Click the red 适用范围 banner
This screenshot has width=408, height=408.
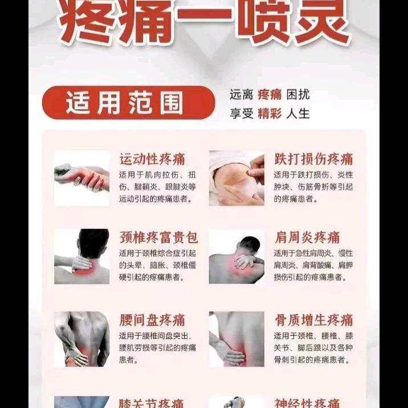[128, 103]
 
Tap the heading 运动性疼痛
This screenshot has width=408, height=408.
[152, 159]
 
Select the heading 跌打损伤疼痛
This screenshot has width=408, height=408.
[313, 159]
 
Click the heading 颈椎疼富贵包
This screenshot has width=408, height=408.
[158, 237]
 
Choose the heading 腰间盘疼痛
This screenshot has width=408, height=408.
[152, 320]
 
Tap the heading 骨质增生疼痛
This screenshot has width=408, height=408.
[313, 320]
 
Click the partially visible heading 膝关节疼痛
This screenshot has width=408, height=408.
[152, 402]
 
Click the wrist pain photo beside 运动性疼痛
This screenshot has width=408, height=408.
[81, 178]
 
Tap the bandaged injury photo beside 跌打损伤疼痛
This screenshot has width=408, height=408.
[236, 178]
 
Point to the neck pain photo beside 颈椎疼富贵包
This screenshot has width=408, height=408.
[81, 256]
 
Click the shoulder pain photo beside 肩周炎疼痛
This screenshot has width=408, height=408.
[236, 256]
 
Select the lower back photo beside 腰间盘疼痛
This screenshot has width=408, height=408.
[81, 339]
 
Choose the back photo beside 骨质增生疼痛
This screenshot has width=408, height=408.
[236, 339]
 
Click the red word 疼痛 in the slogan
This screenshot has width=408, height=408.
[270, 95]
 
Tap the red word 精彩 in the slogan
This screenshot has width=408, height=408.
[270, 113]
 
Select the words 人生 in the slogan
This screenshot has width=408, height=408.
[299, 113]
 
